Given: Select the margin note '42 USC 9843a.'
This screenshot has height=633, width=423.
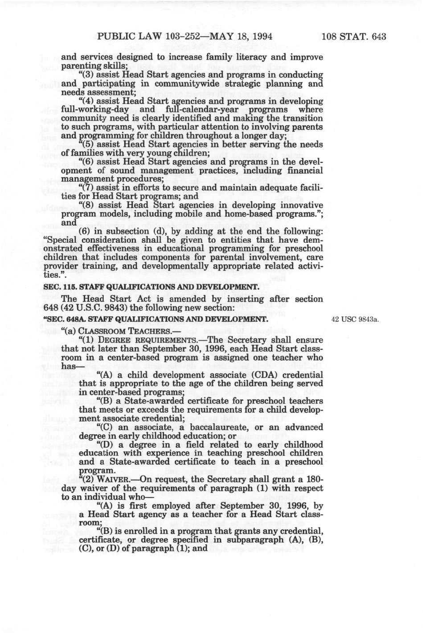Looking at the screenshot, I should click(x=355, y=320).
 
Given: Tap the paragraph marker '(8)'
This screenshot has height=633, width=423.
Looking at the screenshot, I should click(x=87, y=205).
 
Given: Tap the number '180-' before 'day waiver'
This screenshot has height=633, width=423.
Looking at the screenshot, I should click(x=314, y=479).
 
